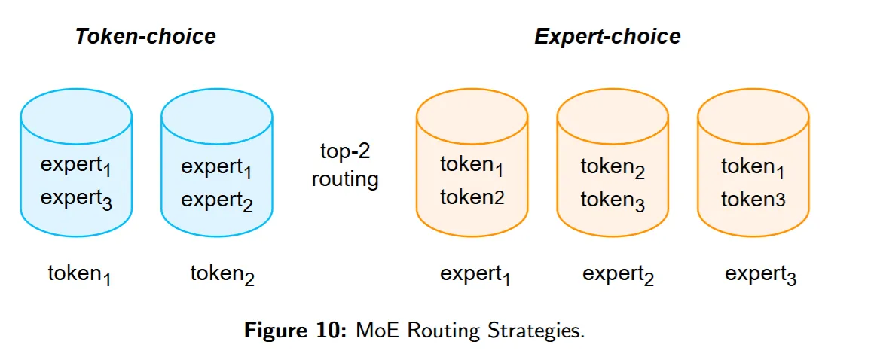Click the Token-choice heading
coord(145,36)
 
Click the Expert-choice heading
coord(607,36)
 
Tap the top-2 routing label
coord(345,165)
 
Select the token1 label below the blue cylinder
coord(79,275)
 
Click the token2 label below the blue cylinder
coord(222,275)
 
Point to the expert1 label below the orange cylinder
coord(475,275)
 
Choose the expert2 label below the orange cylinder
coord(618,275)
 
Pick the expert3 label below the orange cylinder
coord(760,275)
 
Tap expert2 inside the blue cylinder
coord(217,200)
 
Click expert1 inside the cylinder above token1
coord(76,166)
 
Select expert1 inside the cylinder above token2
coord(217,168)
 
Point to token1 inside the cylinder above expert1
coord(472,166)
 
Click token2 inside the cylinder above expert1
coord(472,197)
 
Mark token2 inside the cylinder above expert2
coord(613,168)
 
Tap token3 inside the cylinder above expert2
coord(613,200)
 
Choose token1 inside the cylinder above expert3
coord(753,166)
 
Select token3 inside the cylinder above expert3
coord(753,199)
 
